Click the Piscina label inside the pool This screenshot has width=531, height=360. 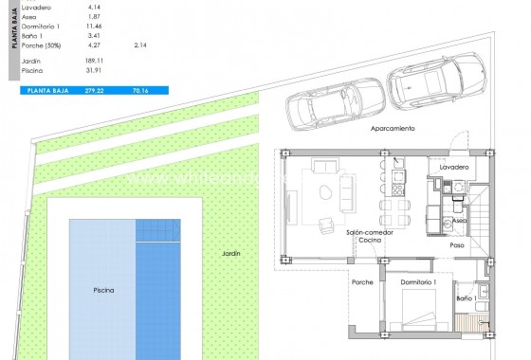pos(103,291)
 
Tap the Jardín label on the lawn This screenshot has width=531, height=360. pos(231,253)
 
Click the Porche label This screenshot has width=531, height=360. pos(362,282)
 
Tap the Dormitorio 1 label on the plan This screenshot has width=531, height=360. pos(418,282)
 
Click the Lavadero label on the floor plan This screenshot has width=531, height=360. pos(454,167)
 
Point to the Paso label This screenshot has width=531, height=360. pos(457,244)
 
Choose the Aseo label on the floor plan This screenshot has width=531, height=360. pos(459,219)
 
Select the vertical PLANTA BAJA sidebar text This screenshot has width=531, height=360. pos(12,26)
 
